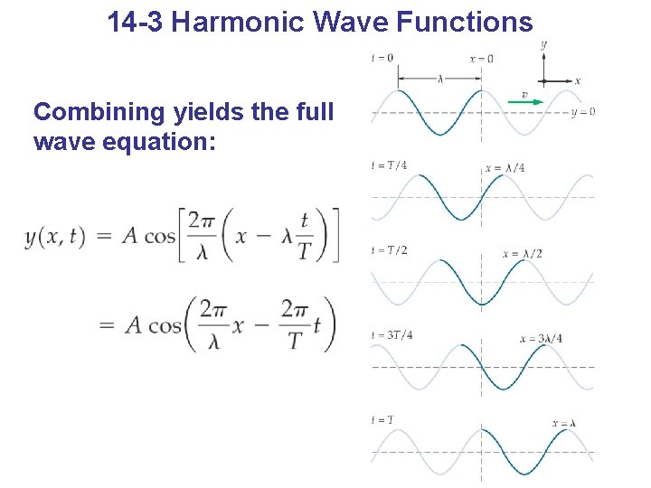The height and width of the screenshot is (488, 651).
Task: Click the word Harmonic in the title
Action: pos(231,22)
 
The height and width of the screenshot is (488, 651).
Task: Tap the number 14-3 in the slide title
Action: pos(135,22)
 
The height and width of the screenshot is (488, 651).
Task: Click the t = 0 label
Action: pos(382,58)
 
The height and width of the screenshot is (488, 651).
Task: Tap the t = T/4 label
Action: pos(389,164)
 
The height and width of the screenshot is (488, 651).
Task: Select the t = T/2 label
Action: pos(389,249)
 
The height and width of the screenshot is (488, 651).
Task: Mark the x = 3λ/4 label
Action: pos(541,339)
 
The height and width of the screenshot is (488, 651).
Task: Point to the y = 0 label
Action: pos(583,112)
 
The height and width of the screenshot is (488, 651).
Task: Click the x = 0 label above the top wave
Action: pos(482,59)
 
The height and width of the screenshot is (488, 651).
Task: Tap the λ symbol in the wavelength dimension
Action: pos(440,79)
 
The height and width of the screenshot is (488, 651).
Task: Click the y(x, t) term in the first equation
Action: pos(55,237)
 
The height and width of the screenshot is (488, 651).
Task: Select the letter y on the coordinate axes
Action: pos(543,43)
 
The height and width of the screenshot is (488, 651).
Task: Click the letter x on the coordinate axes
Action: pos(577,80)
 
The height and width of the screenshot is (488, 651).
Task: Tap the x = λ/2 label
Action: pos(523,254)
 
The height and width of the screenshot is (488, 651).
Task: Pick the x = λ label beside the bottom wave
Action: pos(564,423)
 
